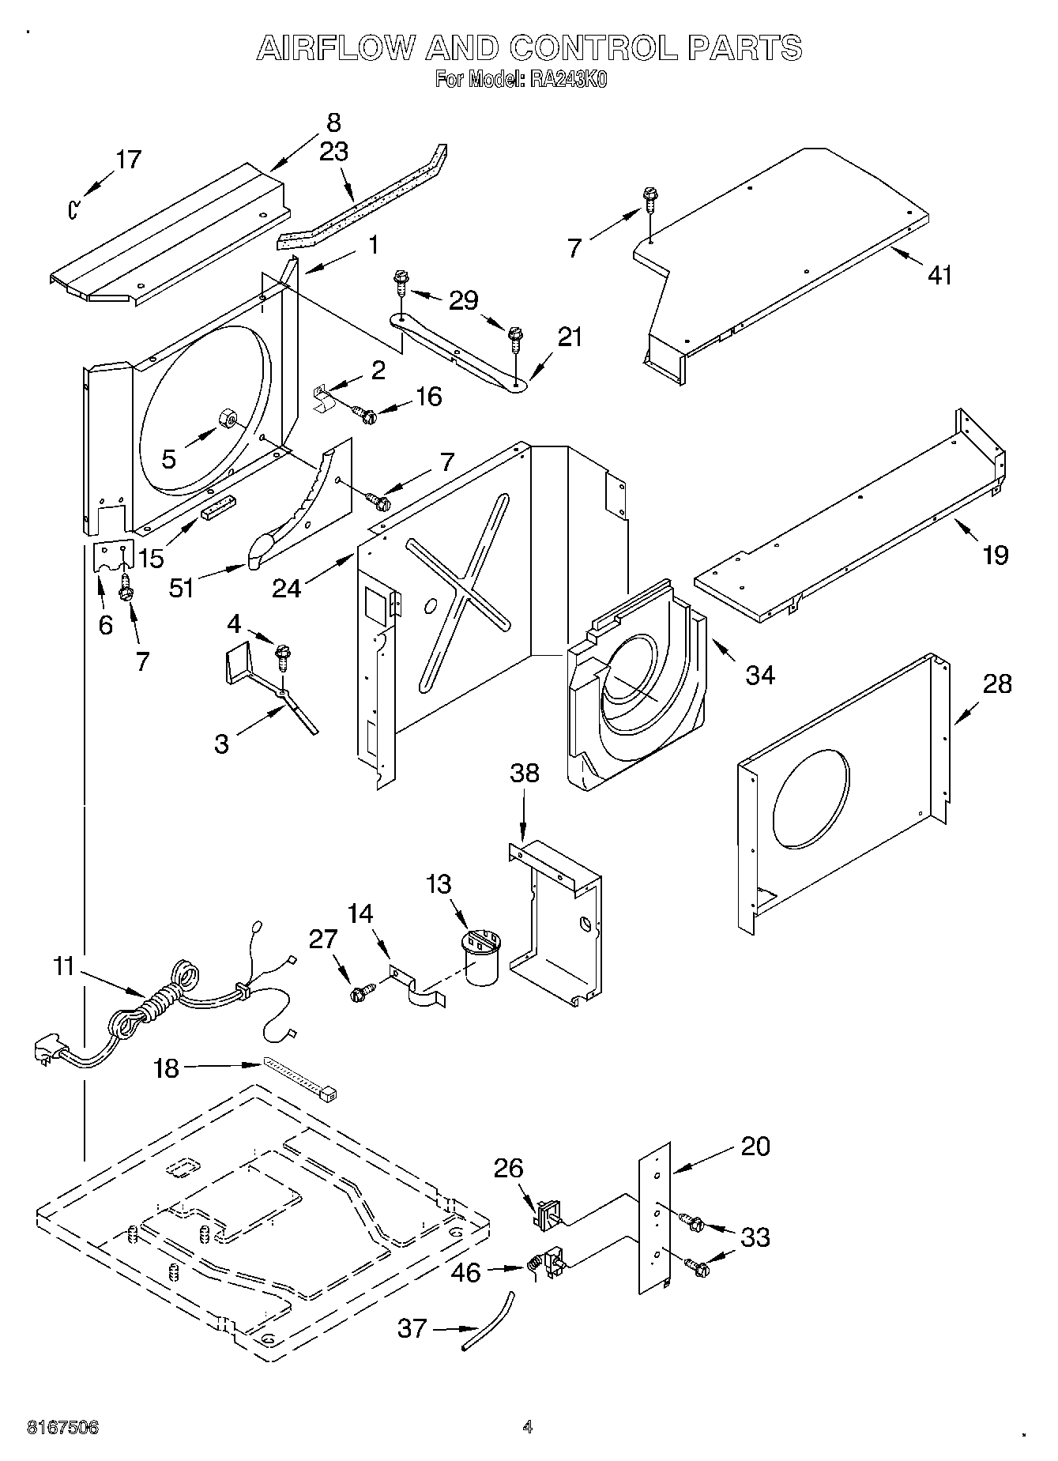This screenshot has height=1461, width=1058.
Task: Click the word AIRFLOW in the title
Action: (x=336, y=49)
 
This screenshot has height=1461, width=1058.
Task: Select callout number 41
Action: (x=939, y=275)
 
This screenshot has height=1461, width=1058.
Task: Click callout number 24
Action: (x=287, y=588)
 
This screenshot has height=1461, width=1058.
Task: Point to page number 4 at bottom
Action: (x=528, y=1427)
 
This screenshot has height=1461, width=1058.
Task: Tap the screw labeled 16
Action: (x=367, y=412)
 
